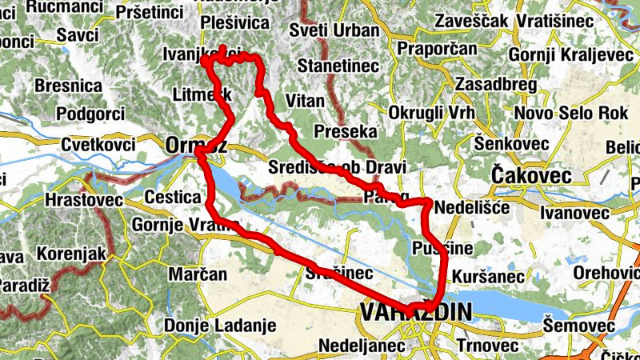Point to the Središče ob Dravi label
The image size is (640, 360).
(337, 167)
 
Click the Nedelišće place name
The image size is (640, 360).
(466, 206)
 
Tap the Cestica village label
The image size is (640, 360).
(172, 197)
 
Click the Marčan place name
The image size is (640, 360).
(198, 274)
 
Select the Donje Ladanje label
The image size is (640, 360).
(219, 326)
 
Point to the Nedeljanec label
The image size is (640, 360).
(352, 345)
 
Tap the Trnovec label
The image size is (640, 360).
(477, 345)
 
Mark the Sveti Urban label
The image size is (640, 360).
(334, 30)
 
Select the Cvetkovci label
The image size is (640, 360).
(98, 145)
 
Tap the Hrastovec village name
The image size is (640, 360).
(84, 198)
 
